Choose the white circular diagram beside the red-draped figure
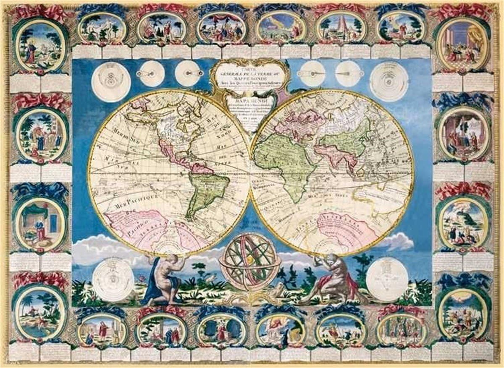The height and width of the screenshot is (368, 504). pos(387,278)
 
